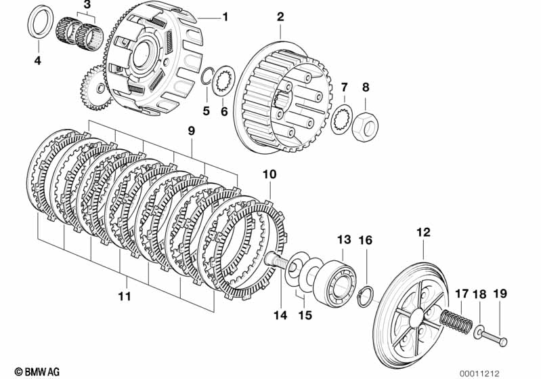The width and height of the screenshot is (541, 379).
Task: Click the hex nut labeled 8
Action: [365, 127]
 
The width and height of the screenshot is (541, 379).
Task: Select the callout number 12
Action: [423, 232]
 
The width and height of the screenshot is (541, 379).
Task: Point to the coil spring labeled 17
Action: [456, 322]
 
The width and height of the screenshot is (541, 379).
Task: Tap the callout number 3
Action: [87, 5]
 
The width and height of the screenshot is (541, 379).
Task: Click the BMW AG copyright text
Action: [37, 372]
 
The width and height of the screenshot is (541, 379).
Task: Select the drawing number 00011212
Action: [479, 374]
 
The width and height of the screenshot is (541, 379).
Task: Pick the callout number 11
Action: [125, 296]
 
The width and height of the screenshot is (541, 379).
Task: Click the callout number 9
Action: [191, 131]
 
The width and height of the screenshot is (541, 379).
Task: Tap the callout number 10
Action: [269, 174]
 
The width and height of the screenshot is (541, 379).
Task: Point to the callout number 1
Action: [225, 16]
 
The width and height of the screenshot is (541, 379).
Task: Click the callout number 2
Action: [280, 16]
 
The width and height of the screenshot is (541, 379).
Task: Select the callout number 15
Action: [305, 315]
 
